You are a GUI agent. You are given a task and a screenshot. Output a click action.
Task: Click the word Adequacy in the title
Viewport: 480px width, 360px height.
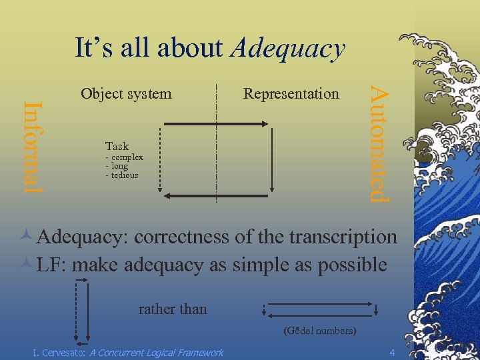click(x=289, y=49)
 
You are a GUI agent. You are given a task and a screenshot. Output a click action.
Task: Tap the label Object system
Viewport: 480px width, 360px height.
click(x=126, y=94)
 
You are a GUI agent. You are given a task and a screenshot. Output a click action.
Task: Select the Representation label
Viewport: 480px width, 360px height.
click(x=291, y=94)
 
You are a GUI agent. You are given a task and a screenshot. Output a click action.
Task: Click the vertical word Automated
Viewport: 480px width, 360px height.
click(x=378, y=140)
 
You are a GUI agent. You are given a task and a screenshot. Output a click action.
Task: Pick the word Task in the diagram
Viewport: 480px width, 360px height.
click(x=117, y=146)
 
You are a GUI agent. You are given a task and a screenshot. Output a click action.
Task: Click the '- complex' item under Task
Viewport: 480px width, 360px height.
click(x=125, y=157)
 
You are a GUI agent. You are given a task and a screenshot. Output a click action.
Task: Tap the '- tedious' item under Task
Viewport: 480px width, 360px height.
click(x=122, y=175)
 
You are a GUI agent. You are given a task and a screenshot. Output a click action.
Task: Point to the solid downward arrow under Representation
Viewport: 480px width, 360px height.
click(x=272, y=160)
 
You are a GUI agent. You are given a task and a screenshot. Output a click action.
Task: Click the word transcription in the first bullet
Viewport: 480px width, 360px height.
click(x=341, y=237)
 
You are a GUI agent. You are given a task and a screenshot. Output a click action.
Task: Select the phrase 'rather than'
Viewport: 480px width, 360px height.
click(x=173, y=309)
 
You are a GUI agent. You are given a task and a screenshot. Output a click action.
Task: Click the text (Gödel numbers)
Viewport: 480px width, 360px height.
click(x=319, y=331)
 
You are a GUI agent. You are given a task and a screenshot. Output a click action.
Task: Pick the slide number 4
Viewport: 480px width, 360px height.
click(x=392, y=351)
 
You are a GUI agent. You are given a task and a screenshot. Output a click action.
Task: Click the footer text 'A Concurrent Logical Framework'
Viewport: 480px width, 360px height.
click(x=156, y=352)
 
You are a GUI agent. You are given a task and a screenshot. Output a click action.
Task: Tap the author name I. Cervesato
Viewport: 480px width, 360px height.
click(x=59, y=352)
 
